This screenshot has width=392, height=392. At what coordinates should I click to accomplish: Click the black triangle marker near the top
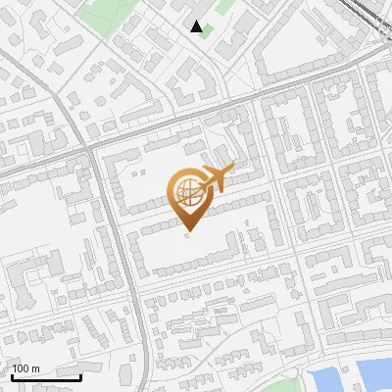[x=197, y=26]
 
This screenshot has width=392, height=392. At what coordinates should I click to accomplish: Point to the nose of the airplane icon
[x=231, y=171]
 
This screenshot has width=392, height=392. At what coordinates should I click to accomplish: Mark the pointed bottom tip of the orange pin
[x=188, y=233]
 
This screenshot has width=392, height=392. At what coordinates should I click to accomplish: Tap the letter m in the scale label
[x=35, y=368]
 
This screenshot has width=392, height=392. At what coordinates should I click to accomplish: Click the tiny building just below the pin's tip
[x=185, y=242]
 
